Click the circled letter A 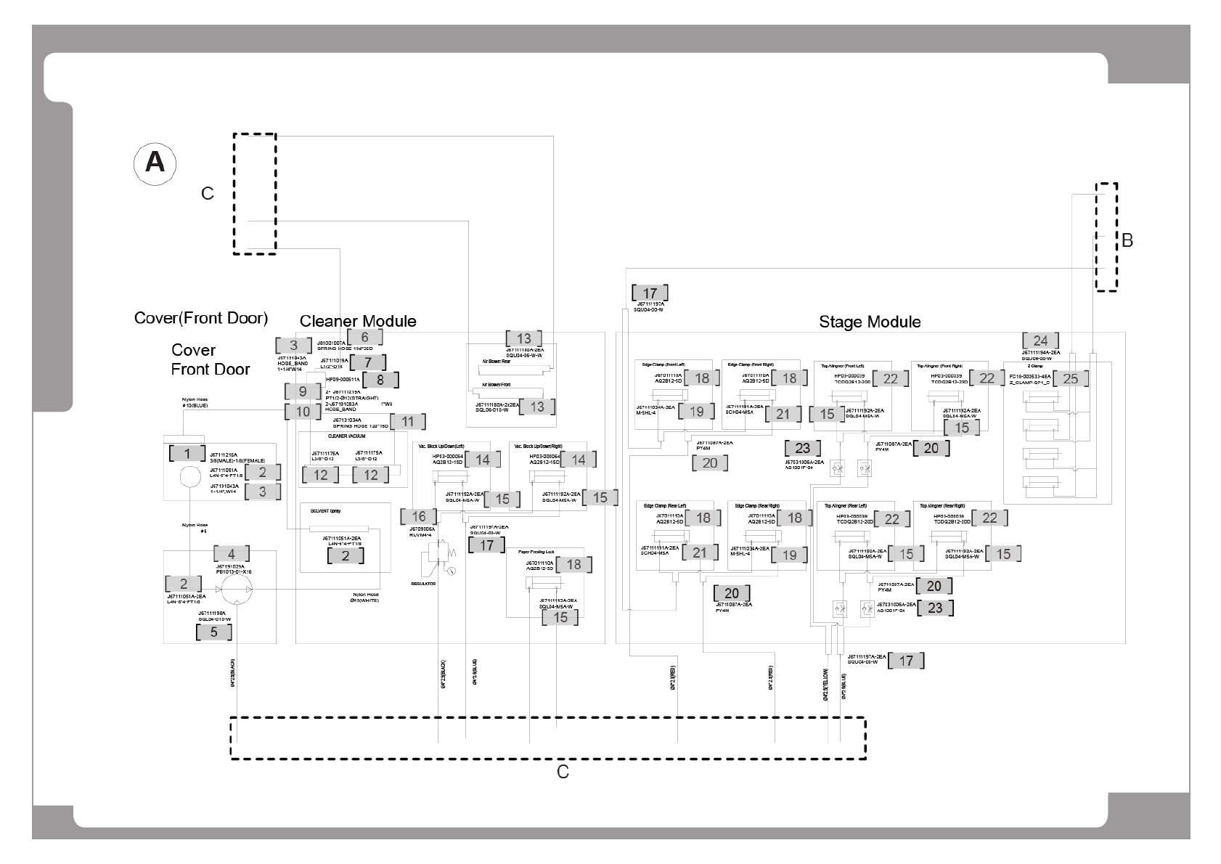coord(155,163)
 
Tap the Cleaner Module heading coord(358,321)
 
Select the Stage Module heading coord(870,322)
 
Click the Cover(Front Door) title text coord(201,318)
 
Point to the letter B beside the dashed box coord(1127,240)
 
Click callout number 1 coord(187,454)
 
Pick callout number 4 coord(232,554)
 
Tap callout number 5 coord(213,632)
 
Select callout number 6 coord(364,337)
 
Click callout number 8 coord(380,378)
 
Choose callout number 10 coord(303,412)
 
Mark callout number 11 coord(407,421)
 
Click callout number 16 coord(419,516)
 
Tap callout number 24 coord(1040,341)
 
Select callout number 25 coord(1071,378)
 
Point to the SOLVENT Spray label coord(325,511)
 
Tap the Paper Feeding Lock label coord(536,552)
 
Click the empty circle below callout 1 coord(189,477)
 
